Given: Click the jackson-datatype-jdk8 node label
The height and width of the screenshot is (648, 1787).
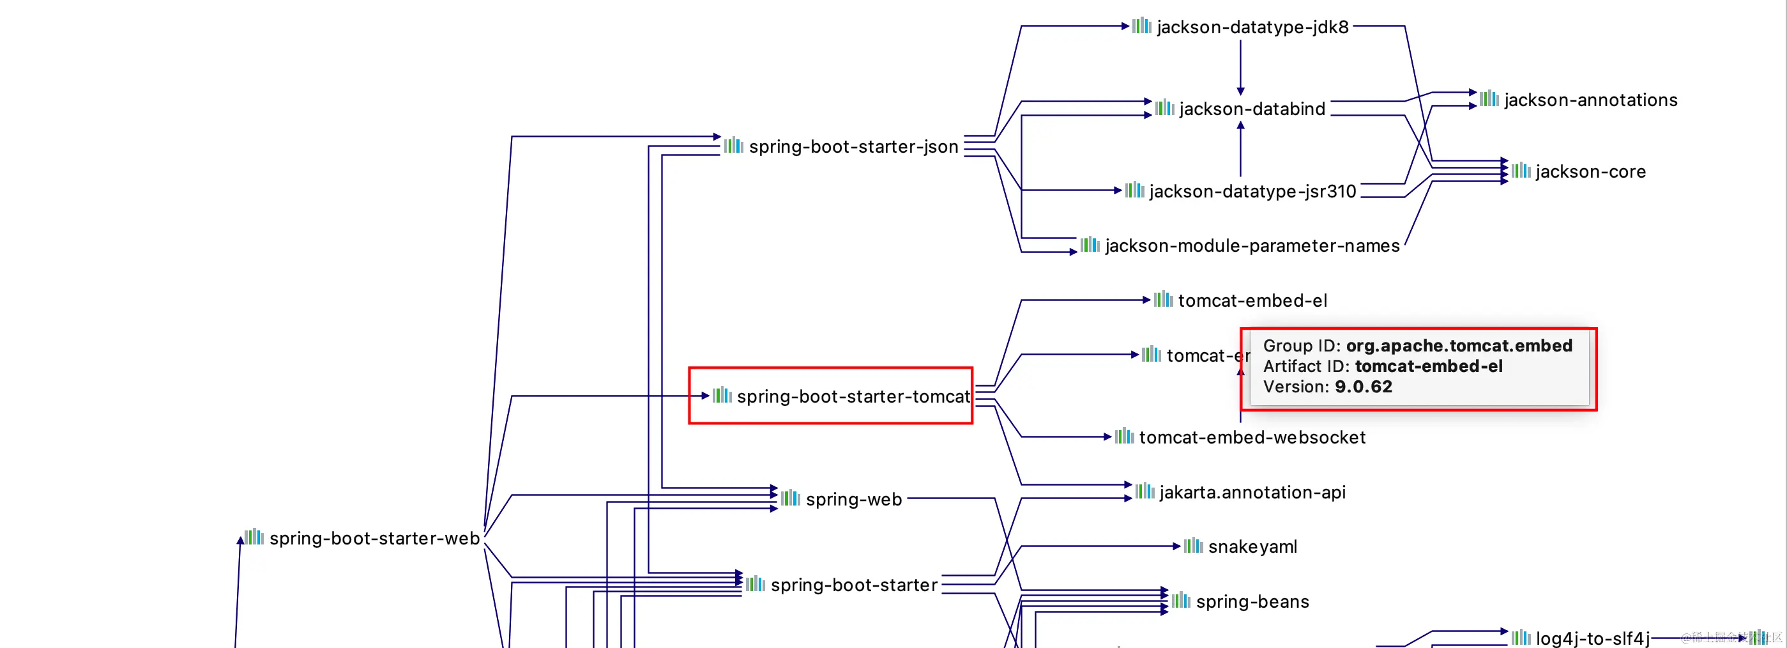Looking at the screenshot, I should pos(1252,27).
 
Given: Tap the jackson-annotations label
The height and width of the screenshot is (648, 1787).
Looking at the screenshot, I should pos(1590,100).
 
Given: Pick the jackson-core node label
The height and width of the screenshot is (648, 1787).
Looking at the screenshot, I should pos(1590,171).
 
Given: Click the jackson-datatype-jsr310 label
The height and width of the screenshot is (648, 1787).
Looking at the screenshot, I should pos(1252,192).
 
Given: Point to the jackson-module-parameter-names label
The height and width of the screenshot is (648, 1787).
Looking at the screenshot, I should pos(1252,245).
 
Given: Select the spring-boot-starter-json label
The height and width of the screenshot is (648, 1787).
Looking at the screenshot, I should pos(853,146).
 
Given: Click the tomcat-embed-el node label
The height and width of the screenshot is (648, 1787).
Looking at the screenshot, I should pos(1252,300).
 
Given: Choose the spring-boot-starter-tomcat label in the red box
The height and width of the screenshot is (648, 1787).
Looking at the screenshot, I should pos(853,396).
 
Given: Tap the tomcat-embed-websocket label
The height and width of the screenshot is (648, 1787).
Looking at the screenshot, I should pos(1252,437).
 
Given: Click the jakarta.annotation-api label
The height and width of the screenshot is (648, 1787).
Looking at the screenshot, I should pos(1252,492).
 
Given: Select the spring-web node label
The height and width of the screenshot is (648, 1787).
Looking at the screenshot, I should pos(853,500).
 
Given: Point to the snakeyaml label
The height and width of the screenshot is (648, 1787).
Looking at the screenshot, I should pos(1252,546).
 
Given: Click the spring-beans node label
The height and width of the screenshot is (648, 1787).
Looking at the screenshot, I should pos(1252,601).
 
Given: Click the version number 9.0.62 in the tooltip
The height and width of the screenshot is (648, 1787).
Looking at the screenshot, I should pos(1363,387).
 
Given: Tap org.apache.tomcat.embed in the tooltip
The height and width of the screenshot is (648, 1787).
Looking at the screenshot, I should pos(1459,346).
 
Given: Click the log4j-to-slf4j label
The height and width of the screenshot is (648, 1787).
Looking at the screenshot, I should pos(1592,638).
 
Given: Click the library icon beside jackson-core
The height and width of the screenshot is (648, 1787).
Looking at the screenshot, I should pos(1521,171).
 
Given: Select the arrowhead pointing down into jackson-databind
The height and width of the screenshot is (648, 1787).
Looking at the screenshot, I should pos(1240,91).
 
